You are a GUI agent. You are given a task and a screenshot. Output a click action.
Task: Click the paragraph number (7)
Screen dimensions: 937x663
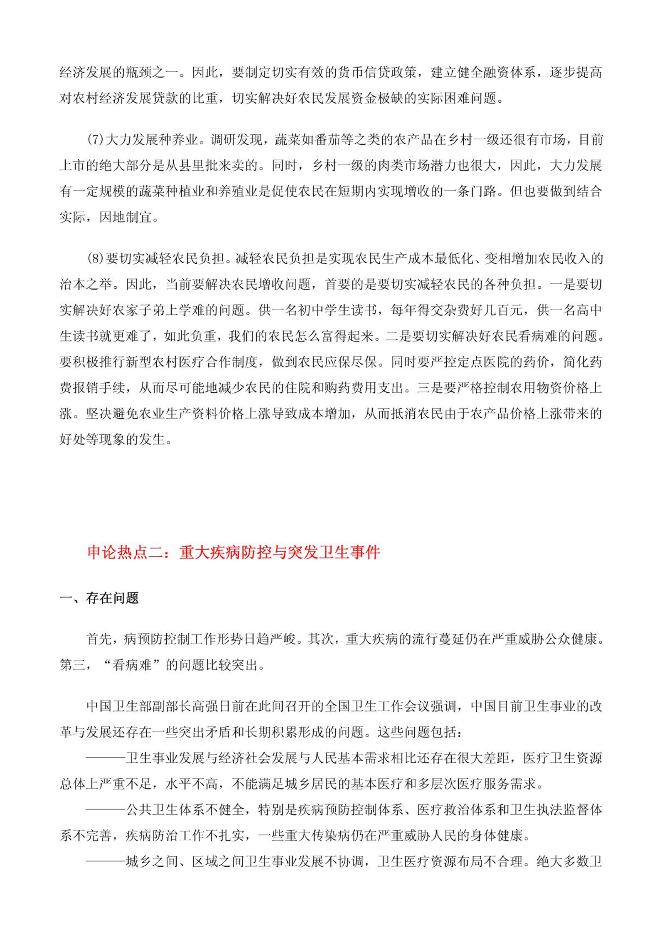click(95, 140)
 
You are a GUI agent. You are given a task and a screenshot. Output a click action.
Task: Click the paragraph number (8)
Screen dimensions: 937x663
click(95, 259)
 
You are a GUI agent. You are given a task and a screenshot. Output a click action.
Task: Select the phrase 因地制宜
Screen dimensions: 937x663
click(126, 217)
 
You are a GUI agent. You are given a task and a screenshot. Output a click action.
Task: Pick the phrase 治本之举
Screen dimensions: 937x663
click(86, 285)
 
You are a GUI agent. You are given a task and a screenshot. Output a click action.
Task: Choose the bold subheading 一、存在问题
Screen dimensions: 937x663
click(99, 598)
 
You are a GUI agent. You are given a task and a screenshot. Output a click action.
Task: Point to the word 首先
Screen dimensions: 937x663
click(99, 639)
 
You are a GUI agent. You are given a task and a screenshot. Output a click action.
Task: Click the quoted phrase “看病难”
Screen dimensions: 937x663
click(132, 665)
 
